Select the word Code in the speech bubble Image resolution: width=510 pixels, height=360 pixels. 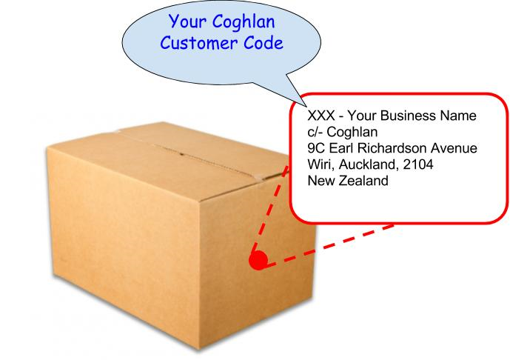(264, 43)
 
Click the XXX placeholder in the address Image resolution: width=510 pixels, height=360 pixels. (321, 116)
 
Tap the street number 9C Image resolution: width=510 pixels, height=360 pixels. (317, 148)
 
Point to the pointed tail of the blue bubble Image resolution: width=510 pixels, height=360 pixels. (296, 104)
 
